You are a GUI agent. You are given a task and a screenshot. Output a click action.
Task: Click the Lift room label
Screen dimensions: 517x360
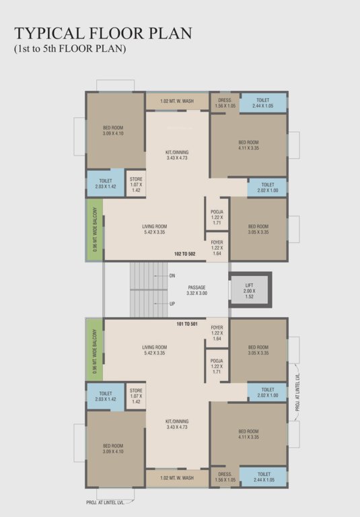pos(249,290)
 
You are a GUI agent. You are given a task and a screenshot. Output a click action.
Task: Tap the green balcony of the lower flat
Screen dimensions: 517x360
pos(94,349)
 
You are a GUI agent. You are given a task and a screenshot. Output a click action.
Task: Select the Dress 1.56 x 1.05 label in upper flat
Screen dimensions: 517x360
pos(224,103)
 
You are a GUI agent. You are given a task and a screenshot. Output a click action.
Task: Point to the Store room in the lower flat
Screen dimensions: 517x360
pos(136,394)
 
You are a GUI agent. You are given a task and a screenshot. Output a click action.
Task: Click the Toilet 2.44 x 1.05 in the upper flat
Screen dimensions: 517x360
pos(263,103)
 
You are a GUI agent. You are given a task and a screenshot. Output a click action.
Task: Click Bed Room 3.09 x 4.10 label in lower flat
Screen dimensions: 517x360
pos(113,448)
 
